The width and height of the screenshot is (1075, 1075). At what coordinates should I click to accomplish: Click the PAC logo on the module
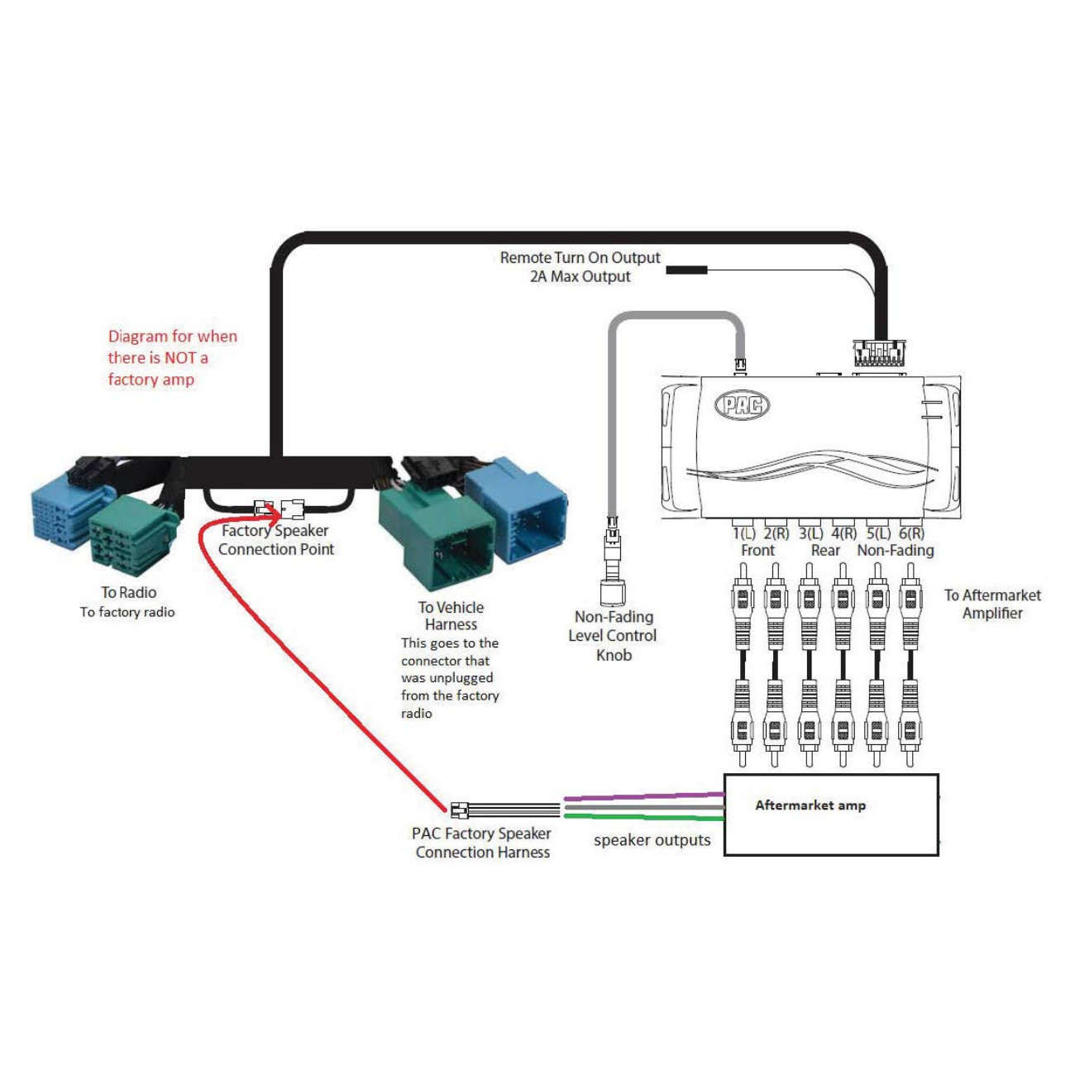point(742,404)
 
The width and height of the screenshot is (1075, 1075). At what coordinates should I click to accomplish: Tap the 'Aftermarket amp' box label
point(810,805)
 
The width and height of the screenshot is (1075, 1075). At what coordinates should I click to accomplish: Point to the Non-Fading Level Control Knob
point(612,590)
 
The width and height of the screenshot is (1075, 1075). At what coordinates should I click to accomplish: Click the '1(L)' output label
point(744,534)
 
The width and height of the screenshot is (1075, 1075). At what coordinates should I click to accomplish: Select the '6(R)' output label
point(911,534)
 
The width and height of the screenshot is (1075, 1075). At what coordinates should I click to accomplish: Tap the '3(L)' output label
point(810,534)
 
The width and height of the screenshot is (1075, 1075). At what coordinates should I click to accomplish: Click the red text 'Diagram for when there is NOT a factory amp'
point(171,357)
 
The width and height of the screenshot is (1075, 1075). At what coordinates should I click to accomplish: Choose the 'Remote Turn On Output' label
point(580,258)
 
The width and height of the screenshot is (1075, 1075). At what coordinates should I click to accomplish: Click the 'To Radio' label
point(128,592)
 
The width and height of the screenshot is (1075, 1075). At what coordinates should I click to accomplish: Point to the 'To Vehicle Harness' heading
point(451,615)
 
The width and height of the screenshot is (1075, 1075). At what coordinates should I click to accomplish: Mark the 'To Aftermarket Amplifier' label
point(992,604)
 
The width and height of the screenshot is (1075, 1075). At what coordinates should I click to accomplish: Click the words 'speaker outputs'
point(652,840)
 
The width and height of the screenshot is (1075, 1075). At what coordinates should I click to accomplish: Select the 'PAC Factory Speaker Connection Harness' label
point(482,843)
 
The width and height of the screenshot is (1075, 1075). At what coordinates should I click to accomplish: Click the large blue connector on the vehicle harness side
point(517,507)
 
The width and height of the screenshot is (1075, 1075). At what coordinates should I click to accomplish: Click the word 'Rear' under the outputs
point(824,551)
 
